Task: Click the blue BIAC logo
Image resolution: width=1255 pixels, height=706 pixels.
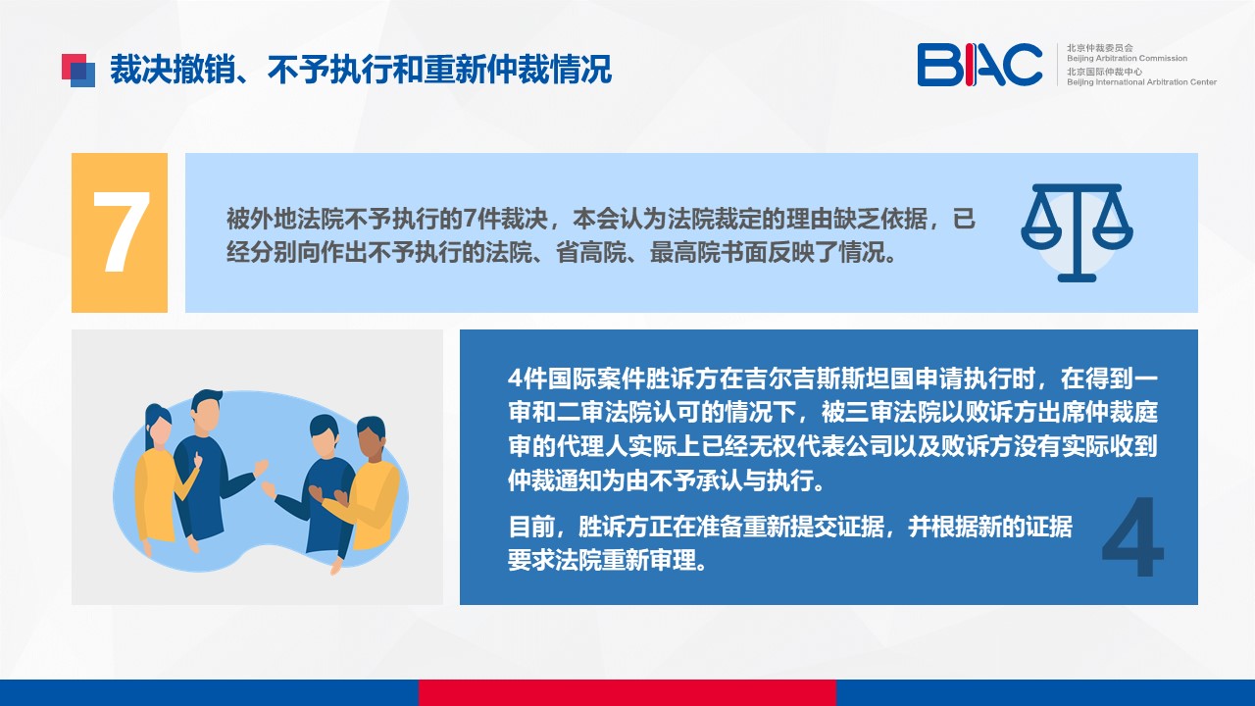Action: pos(979,65)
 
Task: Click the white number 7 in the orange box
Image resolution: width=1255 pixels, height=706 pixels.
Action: pos(121,232)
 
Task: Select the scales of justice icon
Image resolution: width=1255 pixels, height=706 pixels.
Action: pos(1077,232)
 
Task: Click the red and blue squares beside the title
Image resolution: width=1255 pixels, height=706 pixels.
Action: pos(78,70)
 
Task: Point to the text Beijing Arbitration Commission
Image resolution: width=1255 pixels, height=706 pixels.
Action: pos(1127,58)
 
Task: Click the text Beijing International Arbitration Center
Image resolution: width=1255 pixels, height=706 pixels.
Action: pos(1141,82)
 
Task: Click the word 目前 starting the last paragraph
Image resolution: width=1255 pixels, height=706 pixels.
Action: pos(531,527)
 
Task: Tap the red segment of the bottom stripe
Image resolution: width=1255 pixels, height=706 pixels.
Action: pos(627,692)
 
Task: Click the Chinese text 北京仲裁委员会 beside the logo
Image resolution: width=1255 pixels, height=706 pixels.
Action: pos(1100,48)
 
